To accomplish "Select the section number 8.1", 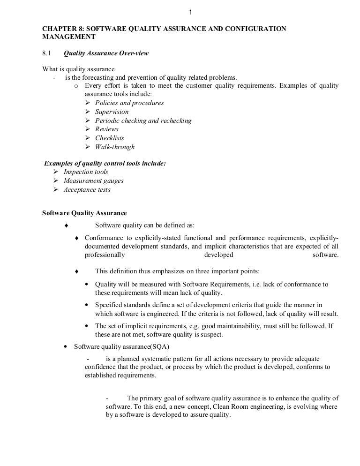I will (47, 53).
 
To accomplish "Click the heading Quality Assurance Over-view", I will (106, 53).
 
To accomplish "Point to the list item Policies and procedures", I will (129, 103).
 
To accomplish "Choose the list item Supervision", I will (112, 112).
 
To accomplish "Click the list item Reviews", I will (107, 129).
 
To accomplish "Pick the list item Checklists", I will (110, 138).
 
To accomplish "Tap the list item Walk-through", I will (115, 147).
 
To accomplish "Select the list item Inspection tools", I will (86, 172).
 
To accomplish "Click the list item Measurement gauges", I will (93, 181).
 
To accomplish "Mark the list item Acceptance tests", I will (87, 190).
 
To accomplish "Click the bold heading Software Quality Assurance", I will (84, 213).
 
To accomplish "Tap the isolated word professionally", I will (105, 255).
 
